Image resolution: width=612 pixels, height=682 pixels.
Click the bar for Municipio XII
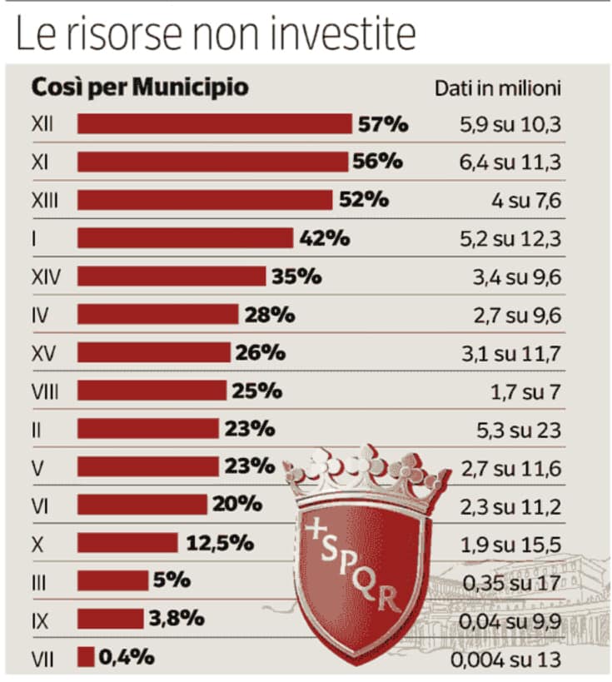coord(214,124)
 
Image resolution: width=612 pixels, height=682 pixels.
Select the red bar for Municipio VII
coord(86,657)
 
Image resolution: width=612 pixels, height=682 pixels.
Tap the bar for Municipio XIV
coord(172,276)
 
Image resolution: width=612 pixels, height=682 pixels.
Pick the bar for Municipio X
coord(127,543)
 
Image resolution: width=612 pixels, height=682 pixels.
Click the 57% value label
coord(383,125)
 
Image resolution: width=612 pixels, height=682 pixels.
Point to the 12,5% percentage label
coord(219,543)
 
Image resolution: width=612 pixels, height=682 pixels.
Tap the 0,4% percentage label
coord(127,657)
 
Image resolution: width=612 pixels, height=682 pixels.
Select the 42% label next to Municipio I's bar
coord(322,238)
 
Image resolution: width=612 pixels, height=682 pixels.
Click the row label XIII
coord(42,200)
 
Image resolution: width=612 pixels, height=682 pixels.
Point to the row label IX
coord(38,619)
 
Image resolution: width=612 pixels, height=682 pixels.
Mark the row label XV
coord(42,352)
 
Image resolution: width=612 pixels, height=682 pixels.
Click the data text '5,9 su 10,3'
coord(510,126)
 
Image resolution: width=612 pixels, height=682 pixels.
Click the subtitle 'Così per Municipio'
coord(140,87)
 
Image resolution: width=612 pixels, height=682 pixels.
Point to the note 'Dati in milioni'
coord(498,87)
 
